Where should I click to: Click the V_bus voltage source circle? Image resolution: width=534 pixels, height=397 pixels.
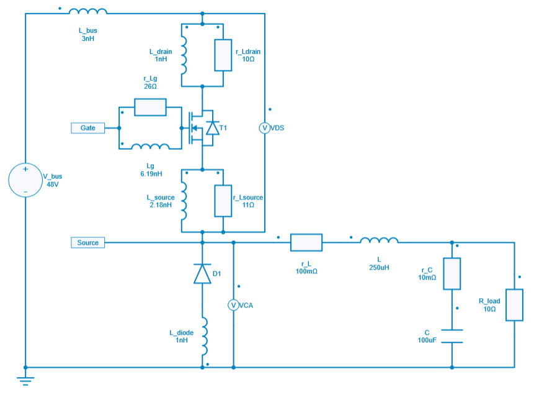[x=25, y=181]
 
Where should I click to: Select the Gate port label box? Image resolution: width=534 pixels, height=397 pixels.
[x=87, y=128]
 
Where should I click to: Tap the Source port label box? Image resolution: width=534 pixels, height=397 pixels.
[x=87, y=242]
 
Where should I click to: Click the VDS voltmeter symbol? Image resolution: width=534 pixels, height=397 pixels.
[x=264, y=128]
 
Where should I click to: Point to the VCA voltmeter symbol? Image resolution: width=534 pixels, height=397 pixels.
[x=233, y=305]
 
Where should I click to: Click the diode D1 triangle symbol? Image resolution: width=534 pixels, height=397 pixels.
[x=203, y=273]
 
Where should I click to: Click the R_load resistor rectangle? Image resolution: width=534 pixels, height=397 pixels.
[x=514, y=304]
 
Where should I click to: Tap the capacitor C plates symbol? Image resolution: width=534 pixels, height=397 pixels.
[x=452, y=336]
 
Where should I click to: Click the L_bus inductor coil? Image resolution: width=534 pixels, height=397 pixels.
[x=87, y=12]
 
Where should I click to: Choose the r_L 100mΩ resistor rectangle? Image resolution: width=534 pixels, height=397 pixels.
[x=306, y=242]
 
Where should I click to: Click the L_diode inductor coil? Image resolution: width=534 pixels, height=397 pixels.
[x=203, y=335]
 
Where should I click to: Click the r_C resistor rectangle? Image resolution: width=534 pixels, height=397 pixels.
[x=452, y=273]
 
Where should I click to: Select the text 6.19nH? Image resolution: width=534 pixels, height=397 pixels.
[x=151, y=174]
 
